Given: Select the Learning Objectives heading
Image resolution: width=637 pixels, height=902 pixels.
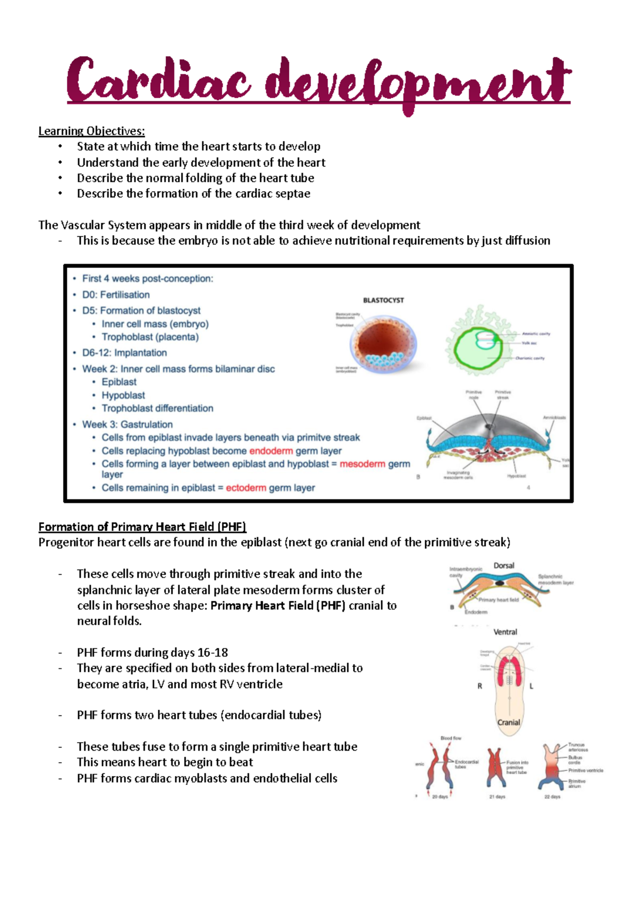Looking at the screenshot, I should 91,131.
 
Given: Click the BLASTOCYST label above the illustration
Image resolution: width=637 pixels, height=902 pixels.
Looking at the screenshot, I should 383,300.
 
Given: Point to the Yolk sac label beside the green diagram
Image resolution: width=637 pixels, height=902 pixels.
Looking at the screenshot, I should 529,343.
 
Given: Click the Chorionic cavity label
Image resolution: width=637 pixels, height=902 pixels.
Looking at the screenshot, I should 530,358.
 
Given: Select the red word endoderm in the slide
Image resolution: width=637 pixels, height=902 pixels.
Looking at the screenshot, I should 271,451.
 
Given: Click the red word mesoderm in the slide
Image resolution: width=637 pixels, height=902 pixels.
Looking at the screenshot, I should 362,464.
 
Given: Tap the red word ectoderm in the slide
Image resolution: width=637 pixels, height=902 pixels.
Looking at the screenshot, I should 246,488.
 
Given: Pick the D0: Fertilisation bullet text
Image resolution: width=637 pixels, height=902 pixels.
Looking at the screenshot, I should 116,295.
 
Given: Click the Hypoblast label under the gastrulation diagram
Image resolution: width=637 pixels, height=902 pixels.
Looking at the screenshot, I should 516,476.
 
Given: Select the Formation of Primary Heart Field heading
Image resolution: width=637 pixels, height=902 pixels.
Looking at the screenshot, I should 142,527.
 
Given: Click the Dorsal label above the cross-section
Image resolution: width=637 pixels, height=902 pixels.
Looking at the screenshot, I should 504,566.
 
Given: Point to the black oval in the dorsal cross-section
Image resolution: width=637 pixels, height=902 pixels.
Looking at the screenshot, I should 500,583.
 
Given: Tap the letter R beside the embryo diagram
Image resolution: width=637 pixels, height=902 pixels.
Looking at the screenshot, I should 480,686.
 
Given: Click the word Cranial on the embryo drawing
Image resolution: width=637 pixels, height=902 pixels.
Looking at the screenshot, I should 509,722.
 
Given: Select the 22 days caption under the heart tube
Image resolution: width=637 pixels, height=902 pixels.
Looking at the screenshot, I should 552,797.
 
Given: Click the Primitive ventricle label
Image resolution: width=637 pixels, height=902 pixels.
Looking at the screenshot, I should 586,770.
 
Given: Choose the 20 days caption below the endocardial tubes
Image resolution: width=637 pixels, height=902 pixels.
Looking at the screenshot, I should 440,797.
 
